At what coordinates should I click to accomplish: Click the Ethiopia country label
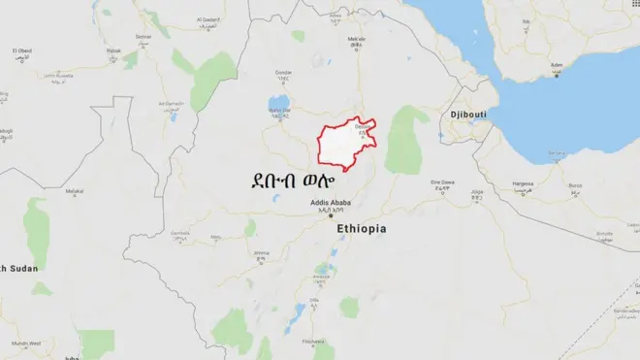[362, 229]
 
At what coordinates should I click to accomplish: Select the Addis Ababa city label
[330, 203]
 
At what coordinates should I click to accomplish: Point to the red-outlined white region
[344, 148]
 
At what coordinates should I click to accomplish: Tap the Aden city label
[557, 65]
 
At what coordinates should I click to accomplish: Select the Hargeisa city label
[523, 182]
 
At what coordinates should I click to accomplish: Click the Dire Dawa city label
[442, 181]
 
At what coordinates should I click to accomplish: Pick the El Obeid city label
[23, 49]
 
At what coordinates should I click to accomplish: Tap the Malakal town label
[75, 191]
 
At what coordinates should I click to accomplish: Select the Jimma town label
[261, 252]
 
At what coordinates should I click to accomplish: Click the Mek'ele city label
[357, 39]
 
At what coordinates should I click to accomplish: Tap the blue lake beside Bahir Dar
[278, 101]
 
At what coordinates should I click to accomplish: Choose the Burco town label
[576, 182]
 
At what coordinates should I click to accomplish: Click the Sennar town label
[144, 35]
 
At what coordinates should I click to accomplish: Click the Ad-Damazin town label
[172, 103]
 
